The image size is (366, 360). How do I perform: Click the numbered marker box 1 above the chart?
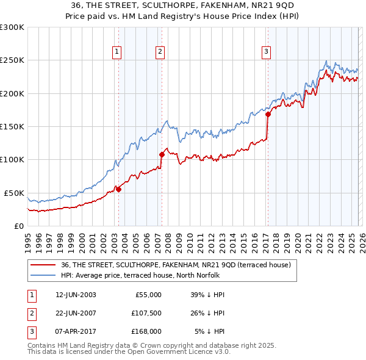(117, 52)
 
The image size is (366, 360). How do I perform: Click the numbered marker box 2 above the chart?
(160, 52)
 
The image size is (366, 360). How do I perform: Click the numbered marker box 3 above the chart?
(267, 52)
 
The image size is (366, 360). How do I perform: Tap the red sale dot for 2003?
(118, 189)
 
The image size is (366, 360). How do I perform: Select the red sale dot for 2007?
(162, 154)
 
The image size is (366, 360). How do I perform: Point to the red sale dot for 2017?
(268, 114)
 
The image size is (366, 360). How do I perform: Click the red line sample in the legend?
(44, 265)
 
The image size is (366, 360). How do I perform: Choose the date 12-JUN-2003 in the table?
(76, 295)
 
